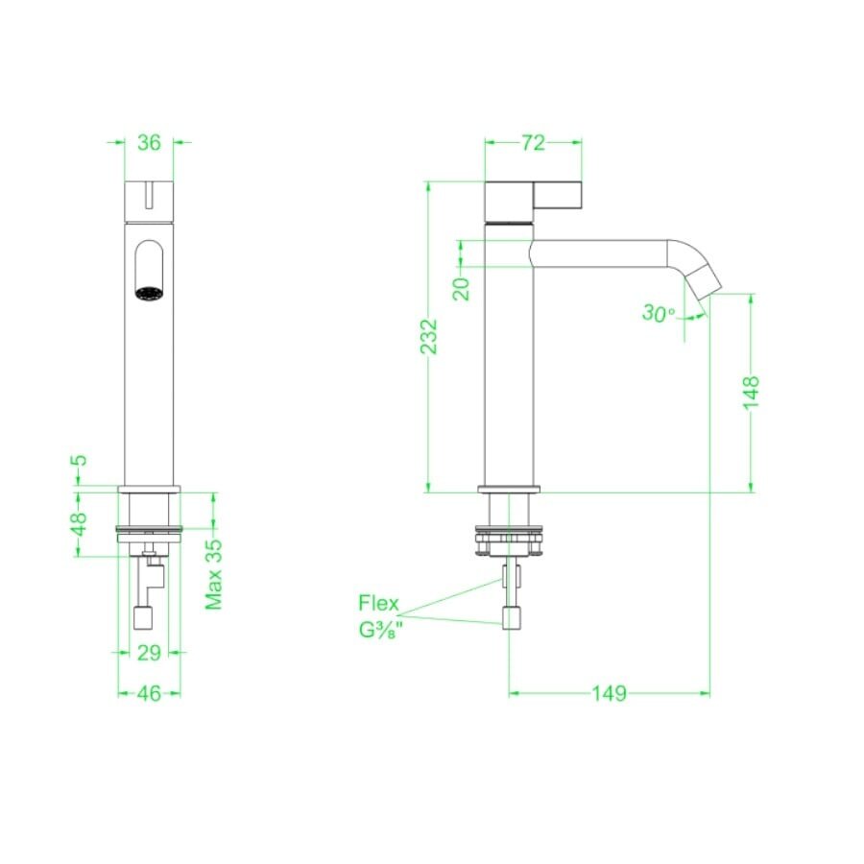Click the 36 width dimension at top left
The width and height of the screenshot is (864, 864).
coord(149,143)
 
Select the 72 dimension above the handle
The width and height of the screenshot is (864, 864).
coord(533,143)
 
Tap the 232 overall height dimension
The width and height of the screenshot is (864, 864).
coord(429,336)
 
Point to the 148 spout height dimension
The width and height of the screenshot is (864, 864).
coord(751,392)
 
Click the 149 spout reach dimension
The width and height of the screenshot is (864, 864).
coord(609,692)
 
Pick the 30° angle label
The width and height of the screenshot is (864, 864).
coord(659,313)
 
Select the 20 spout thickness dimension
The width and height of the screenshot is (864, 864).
coord(462,287)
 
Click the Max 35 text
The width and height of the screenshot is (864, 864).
coord(214,574)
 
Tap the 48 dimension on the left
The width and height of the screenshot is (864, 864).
coord(81,523)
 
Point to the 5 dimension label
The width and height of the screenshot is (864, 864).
coord(81,460)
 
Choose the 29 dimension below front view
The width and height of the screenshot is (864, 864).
coord(148,653)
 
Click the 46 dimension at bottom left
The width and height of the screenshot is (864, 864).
coord(148,692)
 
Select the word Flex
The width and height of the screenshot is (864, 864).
coord(379,603)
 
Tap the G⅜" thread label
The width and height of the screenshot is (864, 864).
coord(378,631)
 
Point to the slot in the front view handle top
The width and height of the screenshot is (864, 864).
coord(149,196)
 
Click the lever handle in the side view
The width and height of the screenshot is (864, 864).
coord(557,196)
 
